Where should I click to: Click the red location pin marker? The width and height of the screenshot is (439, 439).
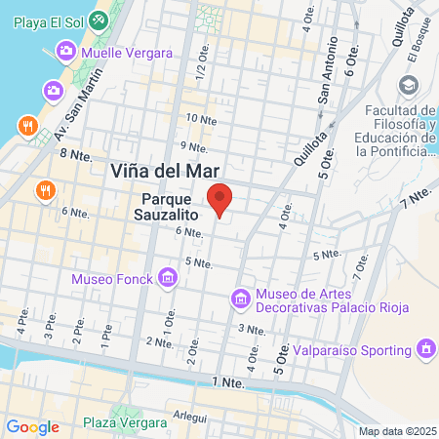[x=220, y=200]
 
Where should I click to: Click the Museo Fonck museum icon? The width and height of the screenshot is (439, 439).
[x=168, y=280]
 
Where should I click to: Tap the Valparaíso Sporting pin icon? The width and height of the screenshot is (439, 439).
[x=425, y=347]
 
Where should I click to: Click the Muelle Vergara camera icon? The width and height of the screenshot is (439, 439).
[x=66, y=50]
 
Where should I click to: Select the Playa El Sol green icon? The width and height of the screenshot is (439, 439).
[x=99, y=20]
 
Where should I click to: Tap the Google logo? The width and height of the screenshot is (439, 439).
[x=33, y=426]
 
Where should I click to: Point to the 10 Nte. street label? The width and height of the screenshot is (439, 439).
[x=201, y=119]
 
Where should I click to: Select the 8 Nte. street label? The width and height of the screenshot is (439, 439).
[x=73, y=154]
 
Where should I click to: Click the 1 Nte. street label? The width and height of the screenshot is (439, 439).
[x=230, y=383]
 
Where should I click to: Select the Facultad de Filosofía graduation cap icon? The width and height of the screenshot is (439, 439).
[x=426, y=146]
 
